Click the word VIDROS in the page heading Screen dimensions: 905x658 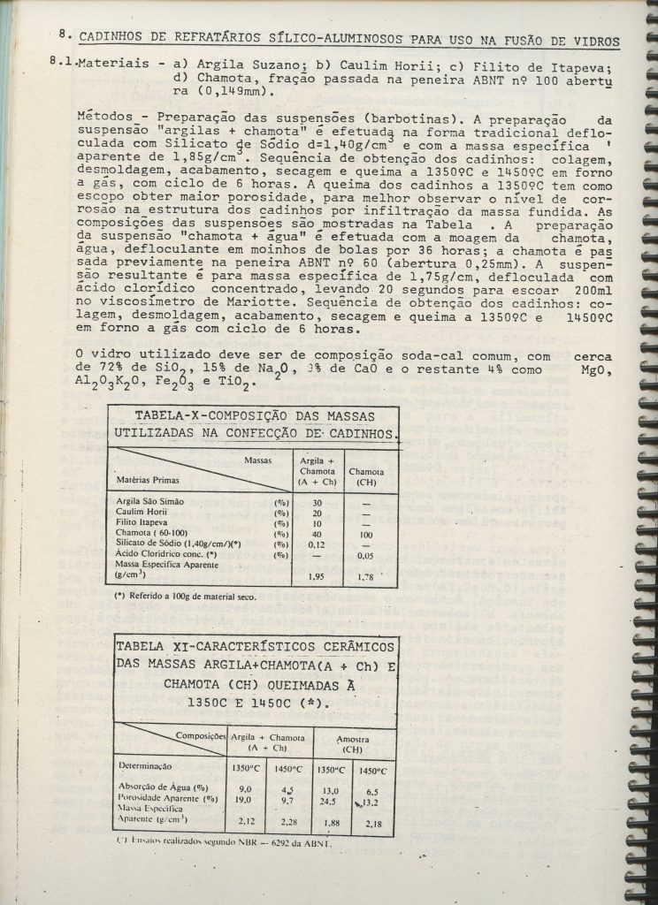[595, 41]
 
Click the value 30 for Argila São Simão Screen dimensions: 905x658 [316, 501]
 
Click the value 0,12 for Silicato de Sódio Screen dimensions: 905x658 [316, 544]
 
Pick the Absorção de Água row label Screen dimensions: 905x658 [162, 787]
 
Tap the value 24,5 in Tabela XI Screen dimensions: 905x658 [328, 800]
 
